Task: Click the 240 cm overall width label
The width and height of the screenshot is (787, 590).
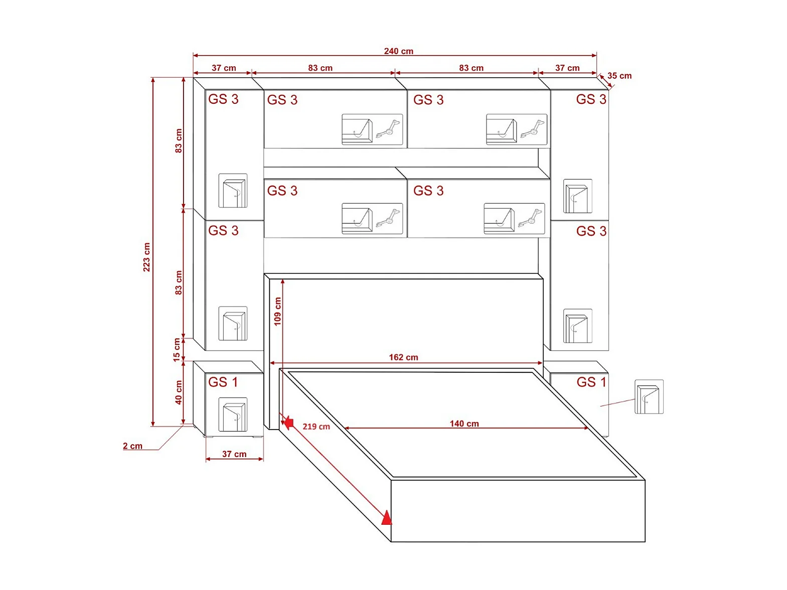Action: click(398, 51)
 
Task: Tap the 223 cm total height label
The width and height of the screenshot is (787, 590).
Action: click(146, 257)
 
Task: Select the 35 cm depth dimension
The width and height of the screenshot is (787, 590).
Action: click(619, 76)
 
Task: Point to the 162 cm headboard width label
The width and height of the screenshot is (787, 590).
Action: click(403, 357)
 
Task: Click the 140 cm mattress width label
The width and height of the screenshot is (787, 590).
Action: click(464, 423)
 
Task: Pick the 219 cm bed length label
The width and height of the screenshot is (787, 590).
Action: click(316, 426)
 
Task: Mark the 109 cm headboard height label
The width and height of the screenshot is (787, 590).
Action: click(277, 312)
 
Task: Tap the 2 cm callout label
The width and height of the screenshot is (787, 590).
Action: click(132, 446)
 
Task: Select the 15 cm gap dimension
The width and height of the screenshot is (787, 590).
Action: click(177, 350)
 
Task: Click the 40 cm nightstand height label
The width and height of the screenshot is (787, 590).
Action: click(179, 392)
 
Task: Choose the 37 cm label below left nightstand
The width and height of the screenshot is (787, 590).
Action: click(234, 454)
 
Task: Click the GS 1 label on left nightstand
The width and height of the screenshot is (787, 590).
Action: click(223, 382)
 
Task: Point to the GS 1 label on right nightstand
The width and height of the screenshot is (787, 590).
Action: click(591, 382)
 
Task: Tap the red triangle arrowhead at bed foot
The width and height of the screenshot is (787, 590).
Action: click(386, 517)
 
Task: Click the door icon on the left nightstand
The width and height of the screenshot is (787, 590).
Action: click(233, 414)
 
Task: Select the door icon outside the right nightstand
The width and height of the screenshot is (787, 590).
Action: click(649, 397)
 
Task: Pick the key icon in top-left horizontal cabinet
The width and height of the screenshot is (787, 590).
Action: click(389, 129)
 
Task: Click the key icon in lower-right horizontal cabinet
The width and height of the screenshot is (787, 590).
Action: click(531, 218)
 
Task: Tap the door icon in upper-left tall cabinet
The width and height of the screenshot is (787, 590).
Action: click(233, 191)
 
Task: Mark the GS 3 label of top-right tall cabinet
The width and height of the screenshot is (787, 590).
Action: click(591, 99)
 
